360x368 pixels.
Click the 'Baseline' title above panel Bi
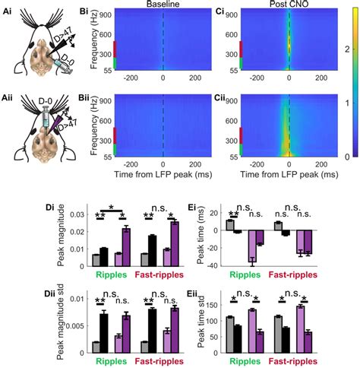[163, 5]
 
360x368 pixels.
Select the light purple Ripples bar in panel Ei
[251, 246]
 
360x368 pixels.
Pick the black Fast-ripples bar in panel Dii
[153, 330]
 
